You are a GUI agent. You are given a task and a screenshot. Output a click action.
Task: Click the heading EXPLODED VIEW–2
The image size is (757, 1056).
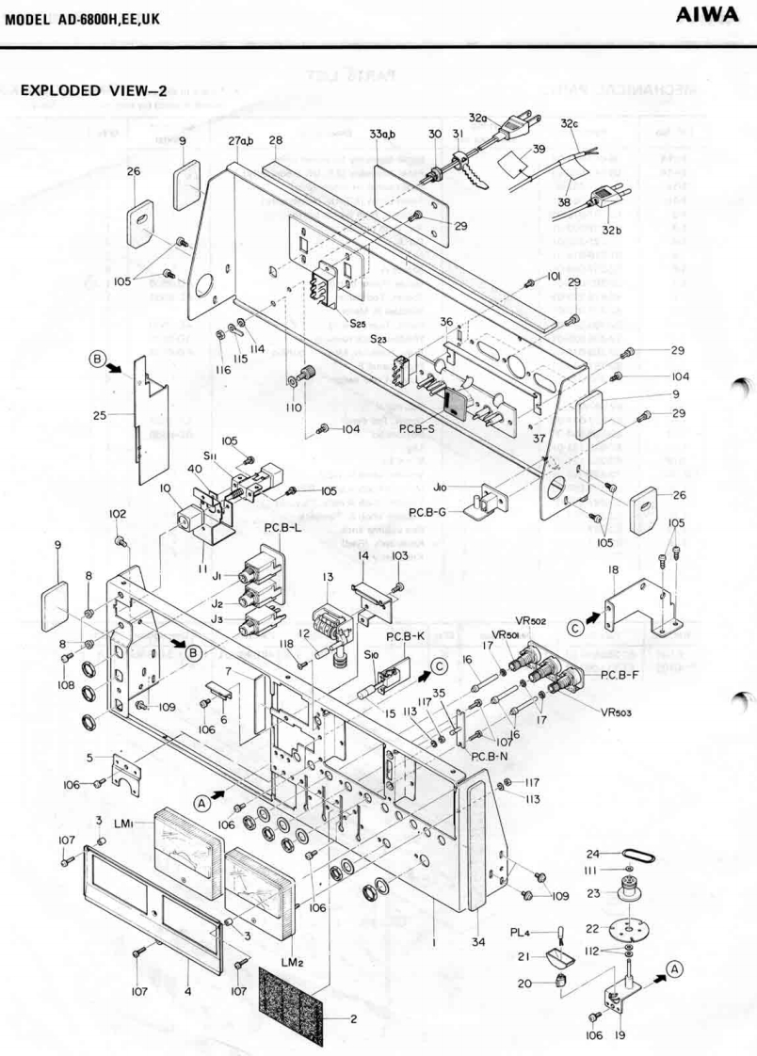[92, 90]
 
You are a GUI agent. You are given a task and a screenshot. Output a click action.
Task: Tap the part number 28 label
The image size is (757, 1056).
[276, 141]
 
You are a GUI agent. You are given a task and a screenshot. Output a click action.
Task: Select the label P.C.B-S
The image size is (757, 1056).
[415, 428]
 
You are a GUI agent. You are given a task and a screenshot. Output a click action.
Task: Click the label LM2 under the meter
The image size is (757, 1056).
[292, 961]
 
